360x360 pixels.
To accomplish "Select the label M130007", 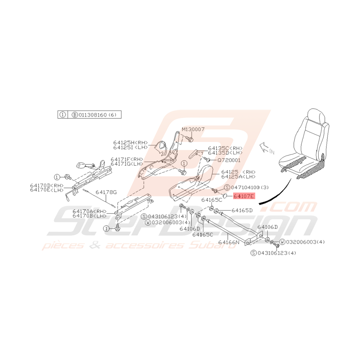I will tap(194, 129).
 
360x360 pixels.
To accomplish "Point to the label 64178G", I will tap(106, 192).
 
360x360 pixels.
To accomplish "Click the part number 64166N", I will tap(229, 242).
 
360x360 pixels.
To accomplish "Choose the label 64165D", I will tap(242, 210).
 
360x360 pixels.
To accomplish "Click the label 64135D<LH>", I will tap(225, 153).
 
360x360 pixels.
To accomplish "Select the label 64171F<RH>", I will tap(127, 159).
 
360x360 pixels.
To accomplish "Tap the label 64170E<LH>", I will tap(47, 190).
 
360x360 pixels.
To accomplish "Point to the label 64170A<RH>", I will tap(89, 211).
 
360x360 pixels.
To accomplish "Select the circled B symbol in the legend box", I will tap(75, 115).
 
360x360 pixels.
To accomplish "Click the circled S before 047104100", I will tap(227, 187).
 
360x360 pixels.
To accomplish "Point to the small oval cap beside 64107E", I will tap(227, 196).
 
